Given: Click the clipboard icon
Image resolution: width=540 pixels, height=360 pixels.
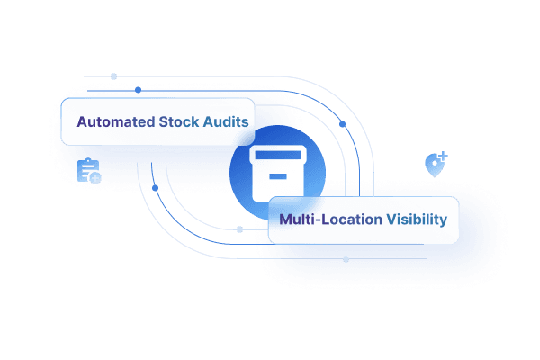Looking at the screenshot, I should click(x=87, y=170).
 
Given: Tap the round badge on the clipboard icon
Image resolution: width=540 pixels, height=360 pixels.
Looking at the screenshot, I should click(x=95, y=177).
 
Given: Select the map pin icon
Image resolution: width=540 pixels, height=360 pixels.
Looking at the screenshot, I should click(x=434, y=166).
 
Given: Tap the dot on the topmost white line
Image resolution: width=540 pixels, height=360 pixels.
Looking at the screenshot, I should click(x=113, y=76).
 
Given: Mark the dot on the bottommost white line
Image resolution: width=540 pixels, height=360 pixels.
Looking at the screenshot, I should click(x=346, y=259).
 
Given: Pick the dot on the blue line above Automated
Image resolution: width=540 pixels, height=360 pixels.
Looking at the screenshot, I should click(x=137, y=91).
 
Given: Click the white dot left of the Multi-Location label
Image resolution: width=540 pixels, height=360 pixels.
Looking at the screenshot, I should click(x=238, y=229).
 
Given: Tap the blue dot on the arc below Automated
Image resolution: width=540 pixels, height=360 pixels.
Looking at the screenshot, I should click(x=156, y=188).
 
